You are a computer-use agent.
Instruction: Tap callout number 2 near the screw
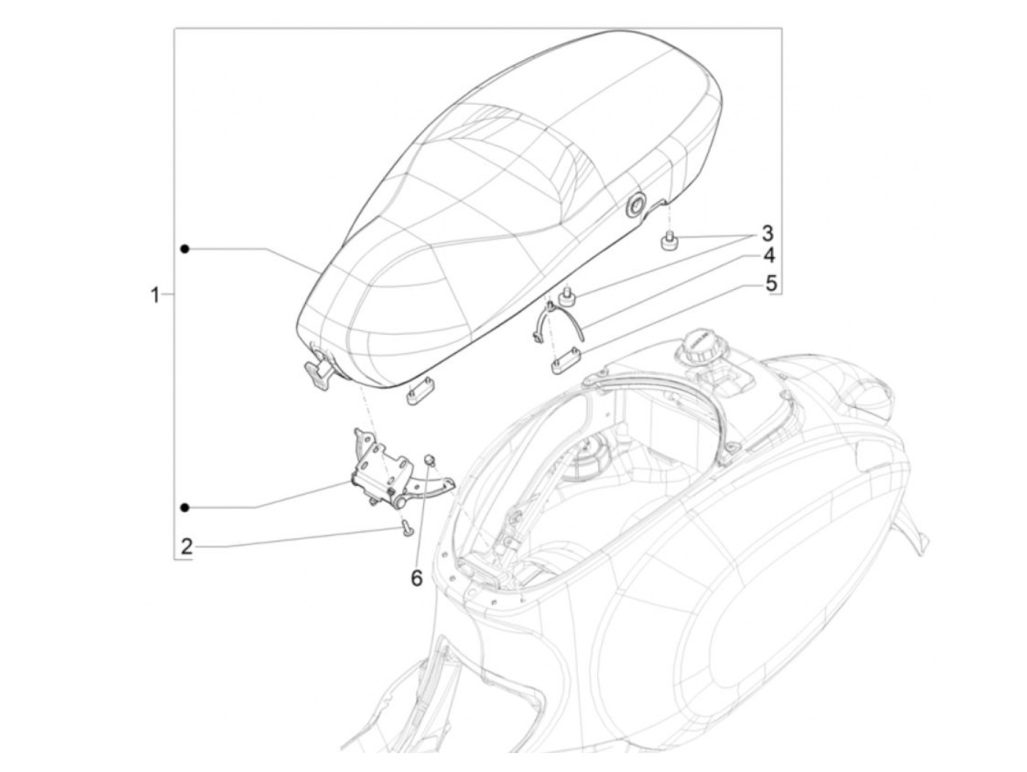point(187,546)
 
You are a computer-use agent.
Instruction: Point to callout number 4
point(768,256)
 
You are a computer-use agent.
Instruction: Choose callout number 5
point(771,283)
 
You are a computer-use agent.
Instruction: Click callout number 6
point(416,578)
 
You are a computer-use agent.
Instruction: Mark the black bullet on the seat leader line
point(185,250)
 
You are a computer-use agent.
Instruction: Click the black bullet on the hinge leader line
point(185,507)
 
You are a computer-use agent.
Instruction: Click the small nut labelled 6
point(431,460)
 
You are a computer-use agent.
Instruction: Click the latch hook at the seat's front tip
point(321,373)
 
